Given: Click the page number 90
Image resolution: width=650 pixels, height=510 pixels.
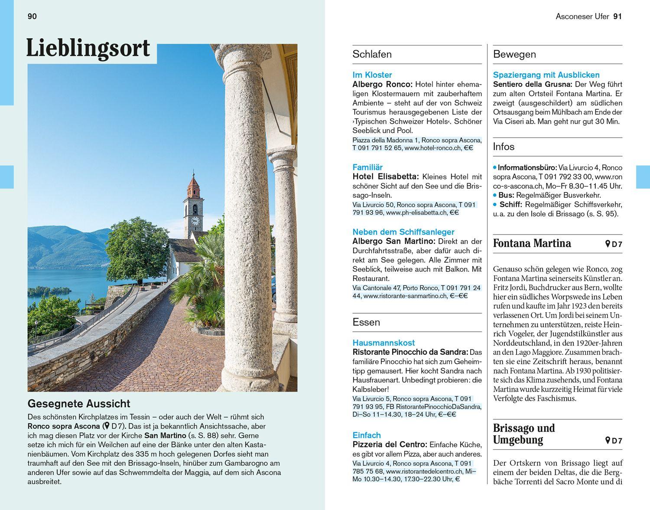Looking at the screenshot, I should pos(32,16).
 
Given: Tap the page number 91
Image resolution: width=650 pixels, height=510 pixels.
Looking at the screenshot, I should pos(617,16).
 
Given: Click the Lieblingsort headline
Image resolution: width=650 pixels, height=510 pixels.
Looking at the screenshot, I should pos(88,48).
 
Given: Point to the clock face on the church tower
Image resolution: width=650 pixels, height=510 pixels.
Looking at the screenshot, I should pos(195,221).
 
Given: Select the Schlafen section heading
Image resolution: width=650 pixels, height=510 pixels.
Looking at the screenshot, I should pos(372,54).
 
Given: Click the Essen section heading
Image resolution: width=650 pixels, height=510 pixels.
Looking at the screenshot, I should pos(366,322).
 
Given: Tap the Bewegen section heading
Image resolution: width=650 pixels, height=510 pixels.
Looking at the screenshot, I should pos(514,54).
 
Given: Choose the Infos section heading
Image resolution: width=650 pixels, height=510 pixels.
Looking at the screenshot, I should pos(504,147).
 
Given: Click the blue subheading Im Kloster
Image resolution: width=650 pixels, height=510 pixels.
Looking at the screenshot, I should pos(372,75).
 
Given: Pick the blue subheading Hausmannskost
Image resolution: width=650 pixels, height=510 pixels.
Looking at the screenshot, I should pos(383,343).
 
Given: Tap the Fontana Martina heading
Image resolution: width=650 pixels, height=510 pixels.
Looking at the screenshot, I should pos(532,243).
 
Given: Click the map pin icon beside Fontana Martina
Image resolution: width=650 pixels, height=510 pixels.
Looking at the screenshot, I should pos(608,244).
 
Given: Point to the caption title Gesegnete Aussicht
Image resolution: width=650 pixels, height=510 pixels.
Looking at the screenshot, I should pos(78,404).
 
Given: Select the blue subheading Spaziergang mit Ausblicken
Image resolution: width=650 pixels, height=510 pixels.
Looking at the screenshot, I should pos(546,75).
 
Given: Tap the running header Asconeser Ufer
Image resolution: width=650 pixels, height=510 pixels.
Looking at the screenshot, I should pos(582,16).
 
